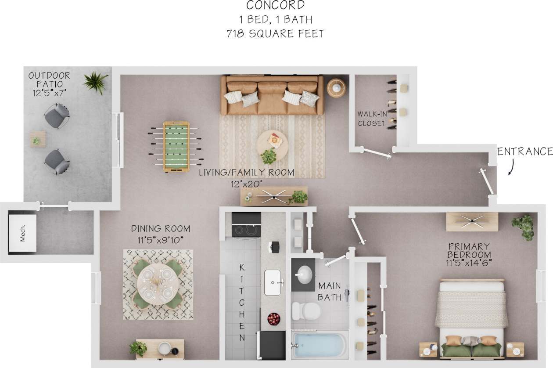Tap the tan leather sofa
(x=272, y=95)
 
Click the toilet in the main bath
(x=305, y=311)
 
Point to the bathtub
(x=320, y=345)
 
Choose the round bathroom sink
(x=305, y=275)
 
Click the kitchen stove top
(x=246, y=230)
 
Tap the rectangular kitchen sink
(x=273, y=282)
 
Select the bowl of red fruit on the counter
(x=274, y=319)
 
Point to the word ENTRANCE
(x=524, y=152)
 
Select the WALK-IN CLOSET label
(x=372, y=119)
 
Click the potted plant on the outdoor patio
(x=96, y=82)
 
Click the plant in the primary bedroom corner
(x=523, y=226)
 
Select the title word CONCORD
(x=276, y=6)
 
